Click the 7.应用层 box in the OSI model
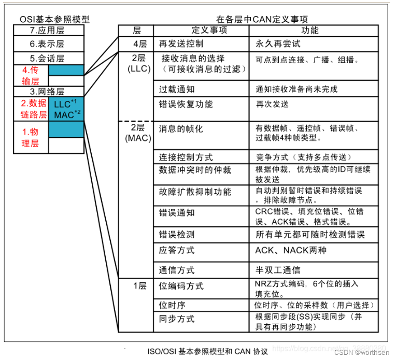pos(48,31)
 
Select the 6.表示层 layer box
pos(48,44)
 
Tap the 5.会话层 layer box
pos(48,58)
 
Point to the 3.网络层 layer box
pos(48,91)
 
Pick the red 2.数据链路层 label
pos(31,109)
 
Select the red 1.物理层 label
pos(31,137)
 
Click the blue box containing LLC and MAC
pos(66,109)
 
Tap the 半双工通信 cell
pos(278,270)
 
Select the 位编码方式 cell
pos(181,286)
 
